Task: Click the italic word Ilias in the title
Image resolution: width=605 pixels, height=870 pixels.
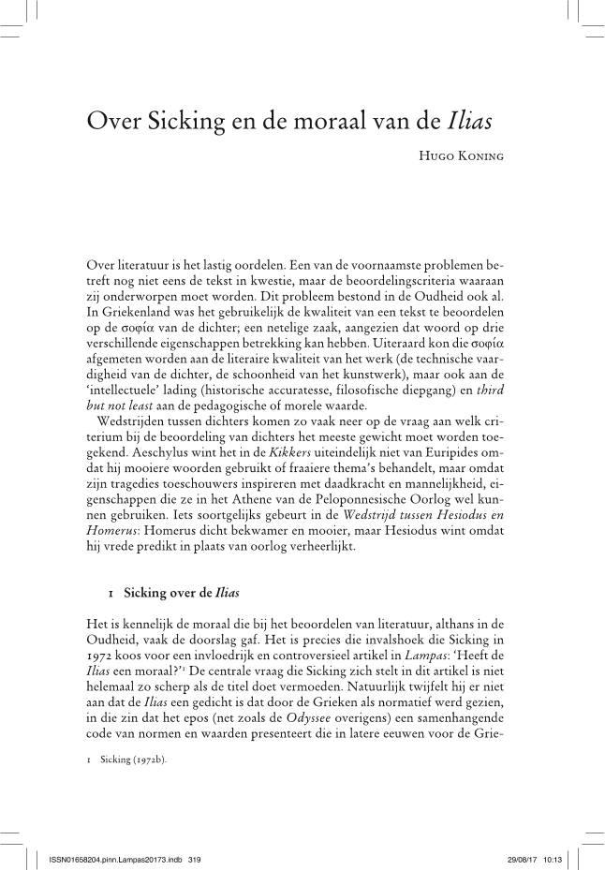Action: (x=467, y=123)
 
